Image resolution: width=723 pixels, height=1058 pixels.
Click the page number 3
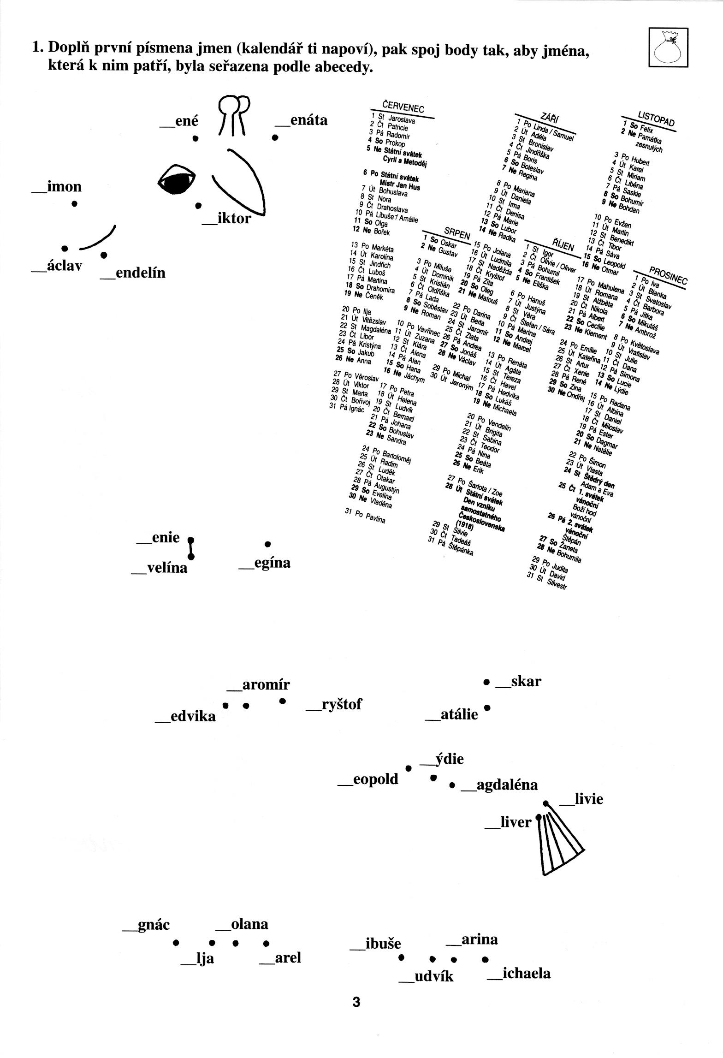pyautogui.click(x=356, y=1002)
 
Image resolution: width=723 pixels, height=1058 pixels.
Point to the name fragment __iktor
pyautogui.click(x=227, y=218)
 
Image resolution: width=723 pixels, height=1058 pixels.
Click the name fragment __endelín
pyautogui.click(x=133, y=273)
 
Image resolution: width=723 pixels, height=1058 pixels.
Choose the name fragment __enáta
pyautogui.click(x=301, y=120)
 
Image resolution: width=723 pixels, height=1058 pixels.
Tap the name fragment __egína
pyautogui.click(x=265, y=563)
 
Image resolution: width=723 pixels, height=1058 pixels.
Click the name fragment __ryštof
pyautogui.click(x=334, y=704)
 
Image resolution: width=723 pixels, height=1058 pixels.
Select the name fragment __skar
pyautogui.click(x=518, y=681)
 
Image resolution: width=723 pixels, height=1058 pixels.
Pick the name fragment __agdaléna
pyautogui.click(x=499, y=785)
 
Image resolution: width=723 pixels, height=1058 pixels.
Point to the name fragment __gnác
pyautogui.click(x=146, y=925)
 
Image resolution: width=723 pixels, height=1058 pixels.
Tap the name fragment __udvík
pyautogui.click(x=427, y=976)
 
